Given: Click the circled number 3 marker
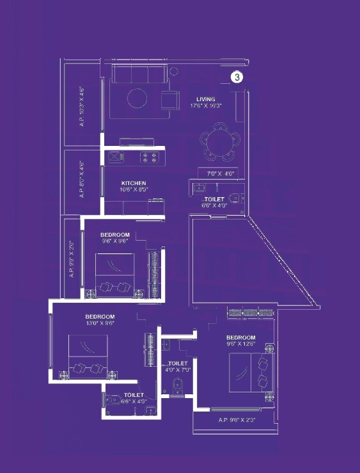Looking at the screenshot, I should [x=237, y=77].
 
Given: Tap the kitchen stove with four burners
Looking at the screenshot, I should [x=149, y=156].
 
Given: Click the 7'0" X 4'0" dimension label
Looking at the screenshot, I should [x=221, y=173].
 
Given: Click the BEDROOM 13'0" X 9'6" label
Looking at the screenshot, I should [x=100, y=320].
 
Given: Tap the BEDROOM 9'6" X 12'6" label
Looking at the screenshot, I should [x=240, y=341].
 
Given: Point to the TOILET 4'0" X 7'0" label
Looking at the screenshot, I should [x=177, y=366].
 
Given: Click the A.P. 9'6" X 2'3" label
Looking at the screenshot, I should [x=238, y=421].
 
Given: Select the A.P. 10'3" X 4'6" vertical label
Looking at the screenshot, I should [x=82, y=106].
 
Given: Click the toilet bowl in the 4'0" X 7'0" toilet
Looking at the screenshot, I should [x=178, y=387].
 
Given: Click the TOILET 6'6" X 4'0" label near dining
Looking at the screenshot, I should [x=214, y=202].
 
